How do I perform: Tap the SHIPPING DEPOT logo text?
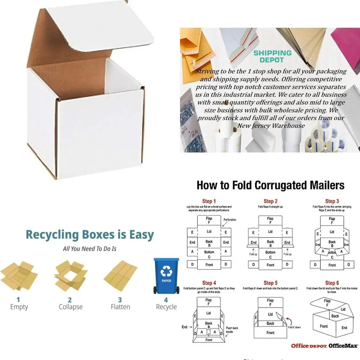click(x=272, y=57)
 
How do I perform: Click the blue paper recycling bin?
click(x=166, y=275)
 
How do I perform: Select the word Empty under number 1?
click(x=19, y=307)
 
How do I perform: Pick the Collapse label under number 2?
click(x=71, y=307)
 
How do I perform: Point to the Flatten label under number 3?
click(x=120, y=307)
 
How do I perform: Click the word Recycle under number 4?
click(x=166, y=307)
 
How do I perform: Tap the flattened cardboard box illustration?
click(x=120, y=276)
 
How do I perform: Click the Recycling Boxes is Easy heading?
click(x=90, y=235)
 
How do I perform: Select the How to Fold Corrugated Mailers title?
click(x=270, y=185)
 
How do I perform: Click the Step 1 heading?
click(x=209, y=201)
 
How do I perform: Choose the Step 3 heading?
click(x=332, y=201)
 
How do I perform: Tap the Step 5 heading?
click(x=270, y=283)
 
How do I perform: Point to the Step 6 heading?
click(x=332, y=283)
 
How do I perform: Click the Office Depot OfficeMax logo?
click(x=324, y=346)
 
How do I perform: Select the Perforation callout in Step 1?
click(x=230, y=220)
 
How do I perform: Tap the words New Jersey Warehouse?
click(x=271, y=126)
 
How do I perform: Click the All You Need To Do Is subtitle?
click(x=90, y=249)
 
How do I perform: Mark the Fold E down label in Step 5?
click(x=294, y=327)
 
